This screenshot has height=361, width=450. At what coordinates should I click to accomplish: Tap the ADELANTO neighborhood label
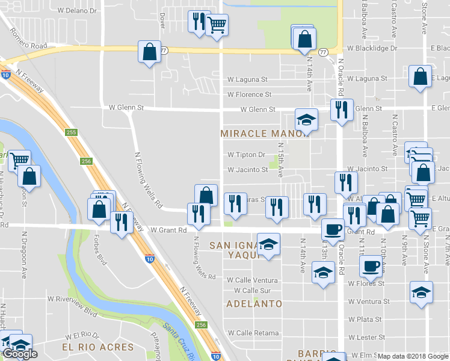coord(254,304)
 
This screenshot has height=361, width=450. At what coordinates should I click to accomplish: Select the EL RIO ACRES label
coord(97,348)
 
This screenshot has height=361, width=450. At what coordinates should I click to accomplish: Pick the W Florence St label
coord(250,94)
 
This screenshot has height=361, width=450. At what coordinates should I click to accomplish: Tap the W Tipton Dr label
coord(246,155)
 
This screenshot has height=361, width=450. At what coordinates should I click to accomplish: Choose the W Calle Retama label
coord(253,333)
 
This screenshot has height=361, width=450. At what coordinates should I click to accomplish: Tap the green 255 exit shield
coord(72,132)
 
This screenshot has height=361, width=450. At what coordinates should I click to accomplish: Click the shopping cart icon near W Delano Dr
coord(217,25)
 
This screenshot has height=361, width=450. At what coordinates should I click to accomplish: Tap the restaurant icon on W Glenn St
coord(342,110)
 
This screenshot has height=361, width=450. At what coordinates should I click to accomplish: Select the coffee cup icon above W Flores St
coord(371,265)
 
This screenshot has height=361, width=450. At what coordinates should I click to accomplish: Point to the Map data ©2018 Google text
coord(413,356)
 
